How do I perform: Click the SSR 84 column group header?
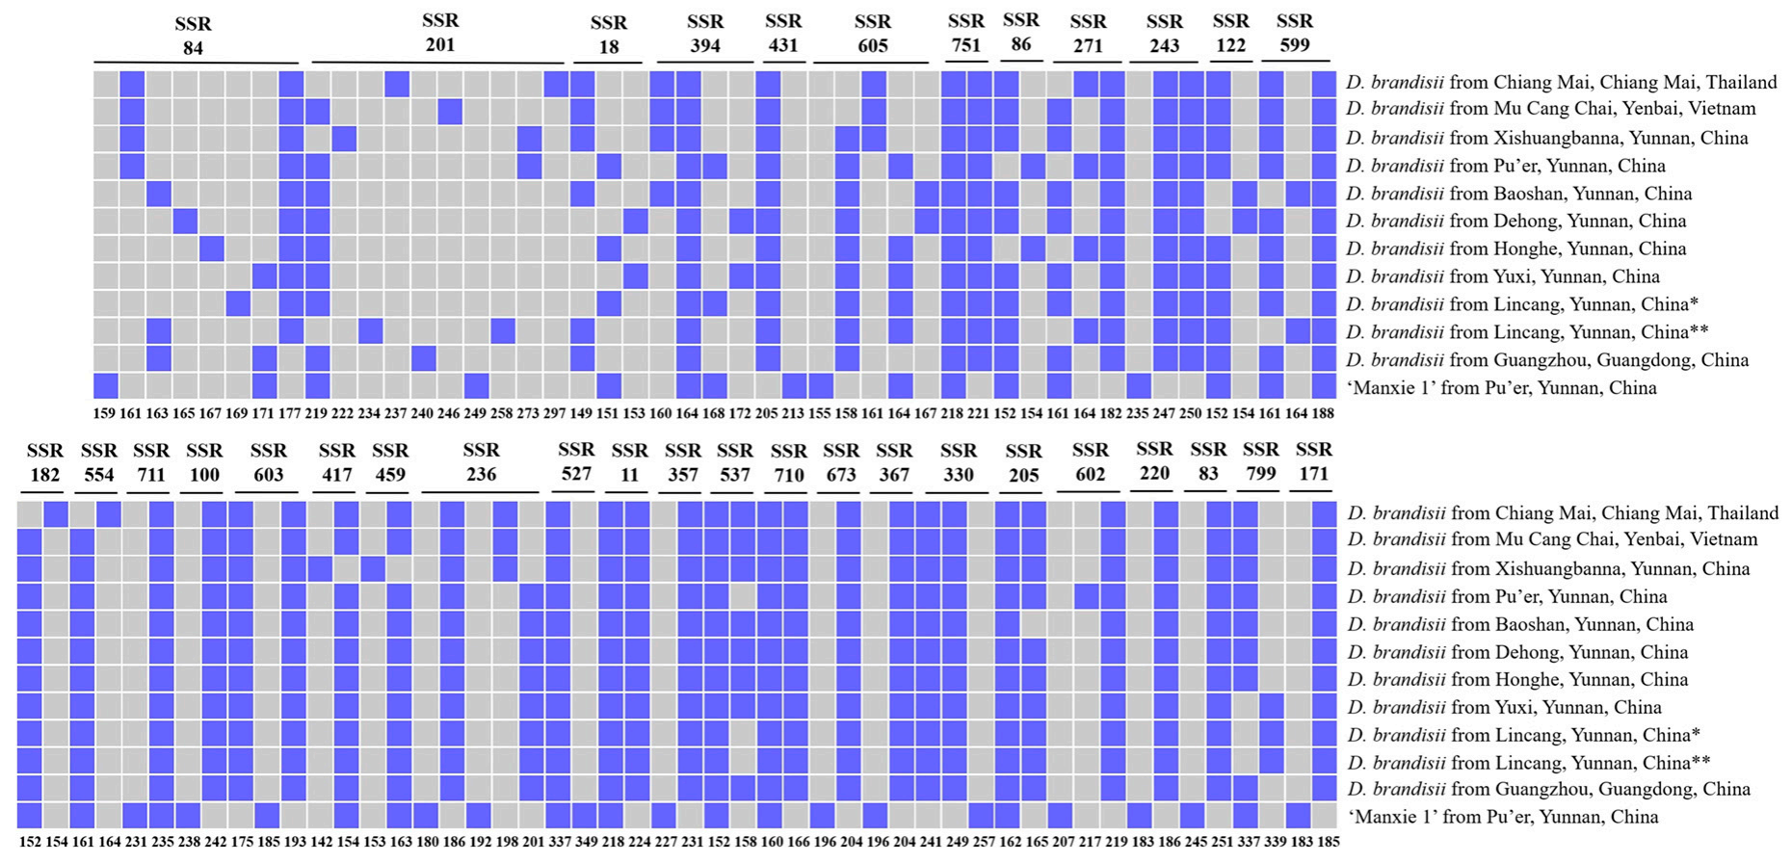[193, 36]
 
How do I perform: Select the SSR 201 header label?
[440, 33]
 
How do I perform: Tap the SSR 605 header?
[873, 34]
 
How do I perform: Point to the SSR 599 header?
[1294, 33]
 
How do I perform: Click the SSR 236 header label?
[481, 461]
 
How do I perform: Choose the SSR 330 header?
[959, 461]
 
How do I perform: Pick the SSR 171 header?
[1314, 461]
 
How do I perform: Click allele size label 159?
[104, 414]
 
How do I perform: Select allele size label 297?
[554, 414]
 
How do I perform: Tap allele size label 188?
[1323, 414]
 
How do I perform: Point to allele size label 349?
[586, 842]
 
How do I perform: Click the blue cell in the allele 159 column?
[105, 386]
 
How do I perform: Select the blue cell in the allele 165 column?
[185, 221]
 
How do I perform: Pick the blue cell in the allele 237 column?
[396, 84]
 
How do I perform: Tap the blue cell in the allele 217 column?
[1087, 596]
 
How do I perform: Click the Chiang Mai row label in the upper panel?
[1561, 83]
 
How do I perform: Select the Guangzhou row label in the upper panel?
[1547, 360]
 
